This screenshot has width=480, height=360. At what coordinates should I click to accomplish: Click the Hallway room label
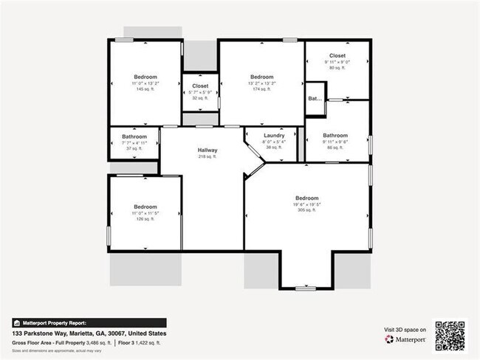[x=208, y=150]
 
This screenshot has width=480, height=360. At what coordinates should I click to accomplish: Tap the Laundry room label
[x=274, y=136]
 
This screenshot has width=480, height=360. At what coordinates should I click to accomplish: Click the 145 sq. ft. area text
[x=145, y=89]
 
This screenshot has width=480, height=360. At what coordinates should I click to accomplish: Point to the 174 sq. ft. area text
[x=262, y=89]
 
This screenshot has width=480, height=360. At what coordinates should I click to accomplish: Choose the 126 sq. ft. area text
[x=145, y=218]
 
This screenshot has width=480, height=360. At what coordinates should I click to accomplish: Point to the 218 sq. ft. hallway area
[x=208, y=156]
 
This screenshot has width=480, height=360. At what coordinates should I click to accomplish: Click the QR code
[x=450, y=334]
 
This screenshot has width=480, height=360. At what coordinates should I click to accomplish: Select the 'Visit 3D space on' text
[x=405, y=330]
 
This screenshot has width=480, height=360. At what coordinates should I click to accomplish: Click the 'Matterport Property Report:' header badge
[x=50, y=322]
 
